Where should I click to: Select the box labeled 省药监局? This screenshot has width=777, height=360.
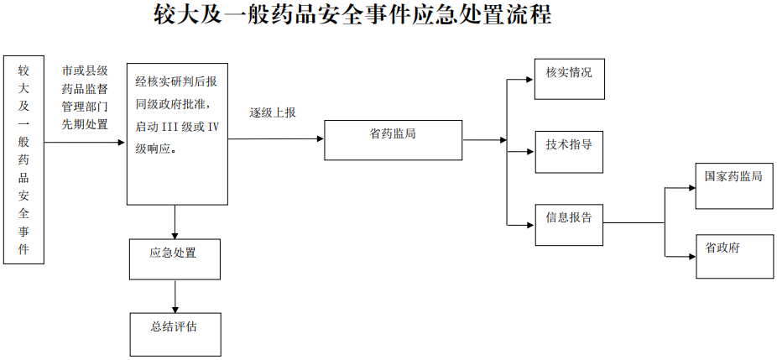click(x=393, y=140)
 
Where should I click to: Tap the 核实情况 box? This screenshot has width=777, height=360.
click(x=569, y=79)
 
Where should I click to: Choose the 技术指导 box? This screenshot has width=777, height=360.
click(x=569, y=152)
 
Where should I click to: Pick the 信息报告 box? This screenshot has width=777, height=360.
click(x=569, y=224)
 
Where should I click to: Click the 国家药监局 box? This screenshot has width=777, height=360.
click(x=734, y=185)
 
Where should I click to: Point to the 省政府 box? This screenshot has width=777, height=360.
click(x=734, y=256)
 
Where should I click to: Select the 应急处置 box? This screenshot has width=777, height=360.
click(x=175, y=258)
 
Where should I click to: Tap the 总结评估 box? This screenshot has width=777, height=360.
click(x=175, y=333)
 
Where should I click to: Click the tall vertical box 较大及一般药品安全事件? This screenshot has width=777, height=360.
click(x=23, y=159)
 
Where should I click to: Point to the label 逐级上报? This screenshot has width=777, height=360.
click(x=273, y=112)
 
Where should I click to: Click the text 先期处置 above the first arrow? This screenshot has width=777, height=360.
click(x=85, y=125)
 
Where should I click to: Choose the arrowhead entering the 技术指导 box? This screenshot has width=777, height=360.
click(x=529, y=152)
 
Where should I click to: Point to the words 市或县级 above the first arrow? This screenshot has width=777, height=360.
click(x=85, y=72)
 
